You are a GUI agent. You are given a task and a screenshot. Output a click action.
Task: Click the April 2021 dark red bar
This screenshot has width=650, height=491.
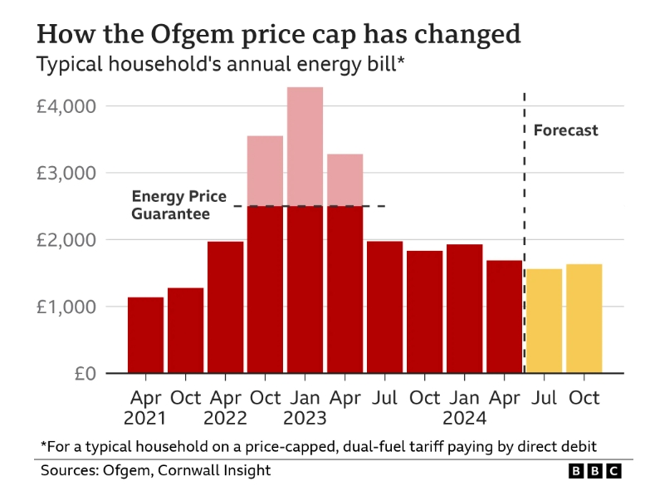click(x=145, y=335)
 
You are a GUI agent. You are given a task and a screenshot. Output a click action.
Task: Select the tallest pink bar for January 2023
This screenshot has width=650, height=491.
click(x=305, y=145)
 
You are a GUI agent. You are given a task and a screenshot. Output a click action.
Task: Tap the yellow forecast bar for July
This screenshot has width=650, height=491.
click(x=545, y=321)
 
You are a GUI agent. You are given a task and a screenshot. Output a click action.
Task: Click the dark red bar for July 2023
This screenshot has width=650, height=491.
click(x=384, y=307)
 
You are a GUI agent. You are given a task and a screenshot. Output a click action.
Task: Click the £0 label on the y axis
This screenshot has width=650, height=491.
click(x=85, y=373)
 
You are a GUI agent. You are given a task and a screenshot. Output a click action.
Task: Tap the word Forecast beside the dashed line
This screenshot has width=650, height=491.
click(x=565, y=130)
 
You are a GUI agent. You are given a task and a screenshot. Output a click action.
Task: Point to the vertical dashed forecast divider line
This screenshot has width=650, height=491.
click(x=525, y=249)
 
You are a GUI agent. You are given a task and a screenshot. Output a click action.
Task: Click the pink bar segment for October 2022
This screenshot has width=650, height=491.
click(x=265, y=170)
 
